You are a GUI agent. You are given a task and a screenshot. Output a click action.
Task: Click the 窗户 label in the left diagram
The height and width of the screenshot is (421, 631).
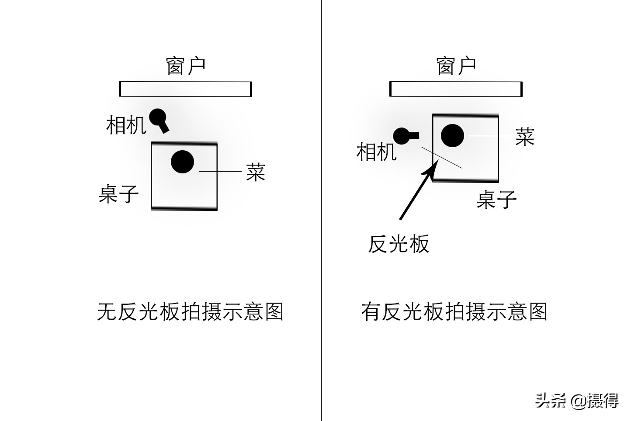click(x=186, y=66)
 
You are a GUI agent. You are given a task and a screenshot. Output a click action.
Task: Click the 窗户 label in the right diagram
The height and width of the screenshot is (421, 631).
click(x=456, y=66)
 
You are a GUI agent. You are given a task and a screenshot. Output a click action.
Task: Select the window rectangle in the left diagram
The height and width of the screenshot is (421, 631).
click(x=185, y=89)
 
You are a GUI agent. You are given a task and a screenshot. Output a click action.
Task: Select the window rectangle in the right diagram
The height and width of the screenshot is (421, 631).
click(x=456, y=89)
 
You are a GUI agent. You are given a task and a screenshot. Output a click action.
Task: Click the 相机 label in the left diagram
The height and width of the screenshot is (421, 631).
click(x=126, y=125)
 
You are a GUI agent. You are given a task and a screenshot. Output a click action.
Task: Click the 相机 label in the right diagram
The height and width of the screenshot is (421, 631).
click(x=376, y=152)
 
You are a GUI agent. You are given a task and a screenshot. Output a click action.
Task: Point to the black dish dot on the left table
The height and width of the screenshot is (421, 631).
click(x=182, y=162)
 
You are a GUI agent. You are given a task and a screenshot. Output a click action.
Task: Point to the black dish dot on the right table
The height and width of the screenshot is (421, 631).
click(x=452, y=135)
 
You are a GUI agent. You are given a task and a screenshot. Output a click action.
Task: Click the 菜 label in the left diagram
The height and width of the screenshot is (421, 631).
click(x=256, y=172)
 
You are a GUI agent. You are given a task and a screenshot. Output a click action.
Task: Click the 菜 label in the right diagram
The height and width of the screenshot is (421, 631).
click(x=524, y=136)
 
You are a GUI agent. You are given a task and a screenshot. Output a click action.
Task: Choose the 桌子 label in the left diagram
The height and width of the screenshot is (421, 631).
click(x=118, y=194)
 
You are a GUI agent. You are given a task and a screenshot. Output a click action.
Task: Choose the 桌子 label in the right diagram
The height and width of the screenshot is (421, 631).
click(x=496, y=200)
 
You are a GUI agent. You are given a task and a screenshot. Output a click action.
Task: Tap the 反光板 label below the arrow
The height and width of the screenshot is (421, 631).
click(x=399, y=244)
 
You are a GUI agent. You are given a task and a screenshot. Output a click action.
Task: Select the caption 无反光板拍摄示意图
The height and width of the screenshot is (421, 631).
click(x=190, y=312)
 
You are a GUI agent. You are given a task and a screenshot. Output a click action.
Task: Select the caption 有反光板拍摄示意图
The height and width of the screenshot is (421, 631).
click(x=454, y=312)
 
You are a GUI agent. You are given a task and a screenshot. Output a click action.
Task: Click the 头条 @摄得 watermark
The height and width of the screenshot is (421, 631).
click(x=577, y=400)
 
